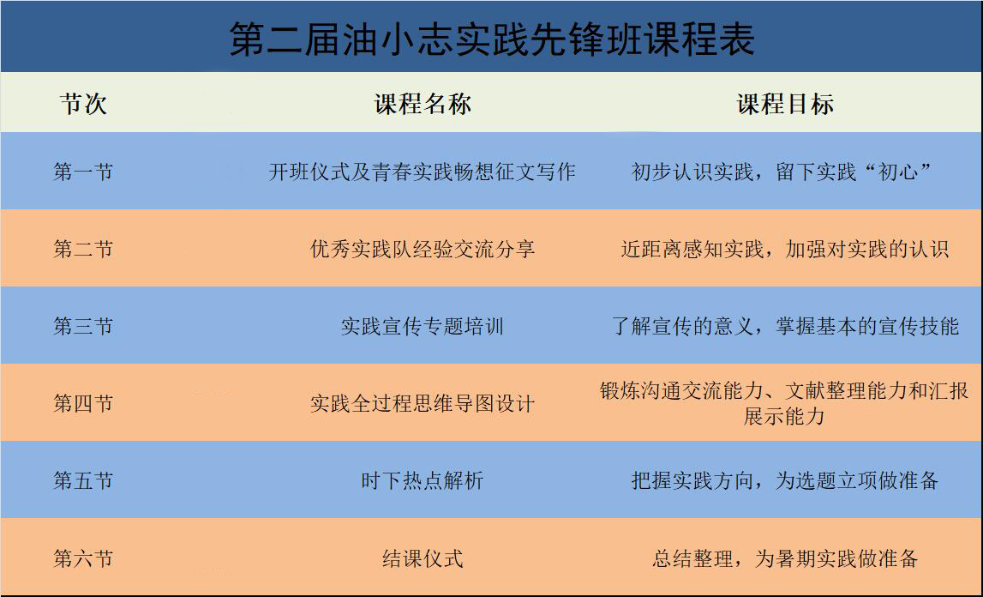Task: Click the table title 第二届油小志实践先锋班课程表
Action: pyautogui.click(x=492, y=39)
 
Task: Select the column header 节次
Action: pyautogui.click(x=83, y=104)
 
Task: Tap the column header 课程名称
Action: pyautogui.click(x=423, y=104)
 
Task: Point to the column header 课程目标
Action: pyautogui.click(x=785, y=104)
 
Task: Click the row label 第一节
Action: pyautogui.click(x=83, y=172)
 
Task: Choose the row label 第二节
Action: pyautogui.click(x=83, y=249)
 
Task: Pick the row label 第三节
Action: pyautogui.click(x=83, y=326)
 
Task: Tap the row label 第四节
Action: pyautogui.click(x=83, y=403)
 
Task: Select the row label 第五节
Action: pyautogui.click(x=83, y=480)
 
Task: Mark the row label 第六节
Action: pyautogui.click(x=83, y=558)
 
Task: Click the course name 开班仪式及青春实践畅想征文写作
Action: pyautogui.click(x=422, y=172)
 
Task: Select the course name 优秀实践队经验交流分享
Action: pyautogui.click(x=422, y=249)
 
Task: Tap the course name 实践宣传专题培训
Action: pyautogui.click(x=422, y=326)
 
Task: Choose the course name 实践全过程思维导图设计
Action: pyautogui.click(x=422, y=403)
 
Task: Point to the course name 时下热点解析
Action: pyautogui.click(x=422, y=480)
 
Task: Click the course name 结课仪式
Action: pyautogui.click(x=422, y=558)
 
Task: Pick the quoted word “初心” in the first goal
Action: pyautogui.click(x=898, y=172)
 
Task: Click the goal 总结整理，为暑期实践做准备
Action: pyautogui.click(x=785, y=558)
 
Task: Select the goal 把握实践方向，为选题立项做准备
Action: pyautogui.click(x=785, y=480)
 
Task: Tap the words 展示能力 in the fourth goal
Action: pyautogui.click(x=784, y=416)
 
